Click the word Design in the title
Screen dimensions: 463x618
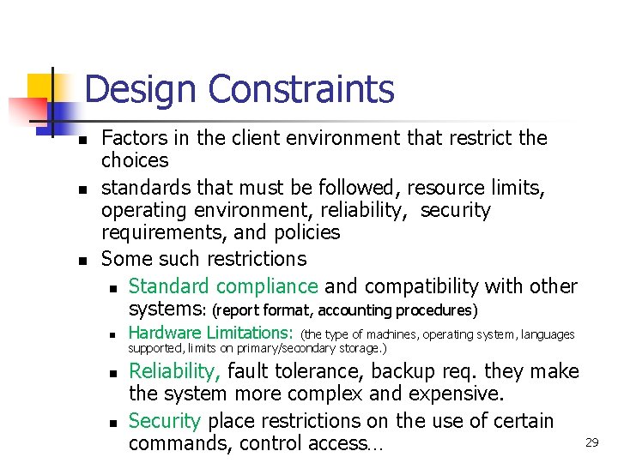coord(142,89)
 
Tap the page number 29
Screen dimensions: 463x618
coord(591,442)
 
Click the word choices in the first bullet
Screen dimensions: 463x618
coord(135,160)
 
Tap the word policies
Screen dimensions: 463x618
coord(305,232)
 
